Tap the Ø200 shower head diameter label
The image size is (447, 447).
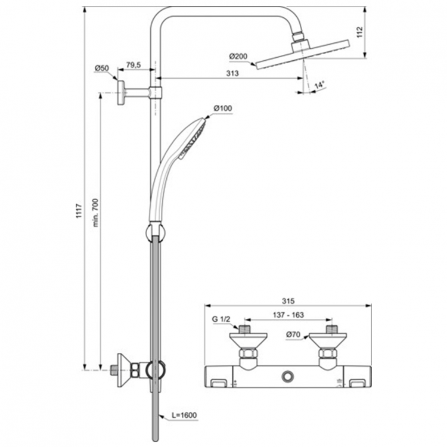click(x=237, y=57)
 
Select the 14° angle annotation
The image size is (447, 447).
click(x=319, y=85)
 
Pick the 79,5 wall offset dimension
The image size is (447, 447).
click(x=134, y=65)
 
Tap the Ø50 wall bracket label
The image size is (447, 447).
click(x=101, y=69)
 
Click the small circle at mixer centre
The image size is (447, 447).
click(x=290, y=377)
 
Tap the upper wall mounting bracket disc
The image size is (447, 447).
click(x=122, y=92)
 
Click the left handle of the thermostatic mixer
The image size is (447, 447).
click(x=218, y=378)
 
